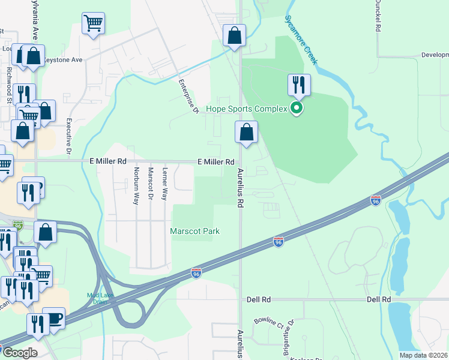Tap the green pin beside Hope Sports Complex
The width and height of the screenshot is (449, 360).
296,109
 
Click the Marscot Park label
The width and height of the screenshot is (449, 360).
195,231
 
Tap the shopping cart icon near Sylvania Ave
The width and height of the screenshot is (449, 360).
93,24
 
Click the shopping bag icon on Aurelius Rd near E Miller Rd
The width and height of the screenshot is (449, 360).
246,133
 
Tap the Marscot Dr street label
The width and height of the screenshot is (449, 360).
151,185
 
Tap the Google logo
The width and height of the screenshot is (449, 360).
19,353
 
